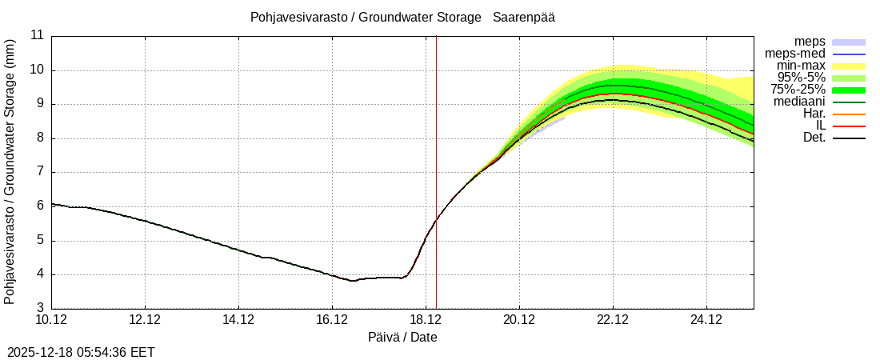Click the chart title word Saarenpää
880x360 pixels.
click(524, 17)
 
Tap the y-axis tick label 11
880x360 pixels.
click(37, 35)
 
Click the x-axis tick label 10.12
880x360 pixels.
click(52, 321)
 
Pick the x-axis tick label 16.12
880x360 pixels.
click(332, 321)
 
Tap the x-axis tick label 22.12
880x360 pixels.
click(613, 321)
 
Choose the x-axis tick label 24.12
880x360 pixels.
click(706, 321)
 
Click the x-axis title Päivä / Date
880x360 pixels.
click(402, 337)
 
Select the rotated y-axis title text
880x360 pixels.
click(10, 171)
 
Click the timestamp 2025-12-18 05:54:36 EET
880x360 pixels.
click(81, 352)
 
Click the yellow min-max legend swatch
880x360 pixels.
click(849, 66)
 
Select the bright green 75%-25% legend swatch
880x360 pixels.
click(849, 90)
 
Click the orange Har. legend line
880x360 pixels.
click(849, 114)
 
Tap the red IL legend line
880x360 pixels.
click(849, 126)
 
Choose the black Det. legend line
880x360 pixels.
click(849, 138)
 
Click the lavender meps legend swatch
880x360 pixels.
click(849, 42)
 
